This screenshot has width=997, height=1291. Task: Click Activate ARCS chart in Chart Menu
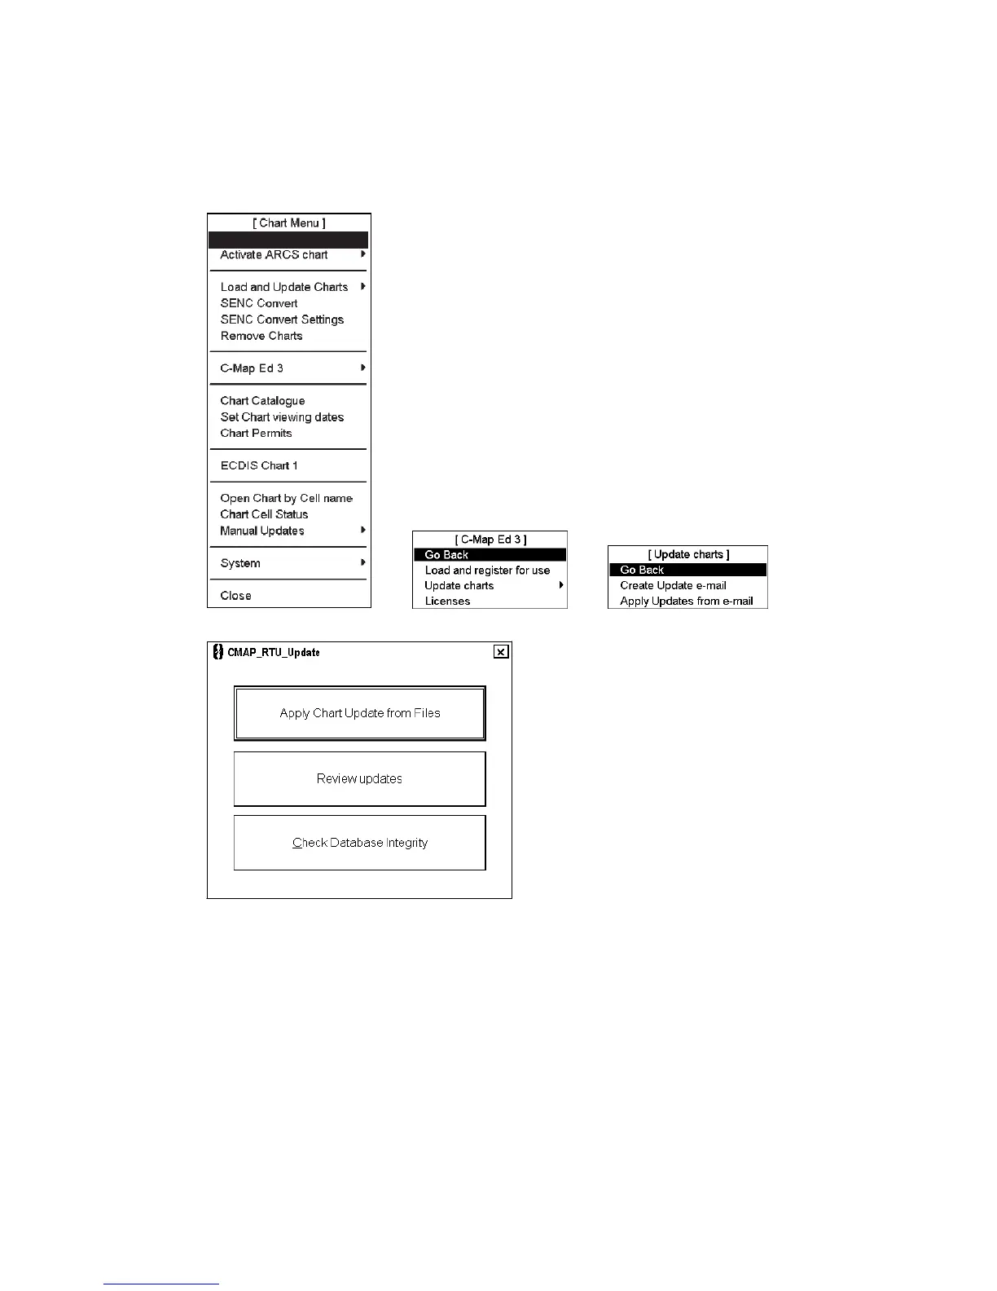274,255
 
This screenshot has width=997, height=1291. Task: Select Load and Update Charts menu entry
283,287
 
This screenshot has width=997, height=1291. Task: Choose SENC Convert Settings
282,319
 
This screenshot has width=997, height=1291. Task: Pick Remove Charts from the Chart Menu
261,336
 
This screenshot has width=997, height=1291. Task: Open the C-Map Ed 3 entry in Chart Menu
252,368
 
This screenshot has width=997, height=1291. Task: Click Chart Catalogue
262,401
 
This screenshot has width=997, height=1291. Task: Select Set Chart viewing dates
282,417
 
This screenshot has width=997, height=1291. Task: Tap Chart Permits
256,434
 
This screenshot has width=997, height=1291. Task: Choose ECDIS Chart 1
259,466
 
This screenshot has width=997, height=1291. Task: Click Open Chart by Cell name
286,498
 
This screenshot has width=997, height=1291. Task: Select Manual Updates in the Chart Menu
262,531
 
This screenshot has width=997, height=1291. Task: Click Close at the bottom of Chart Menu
235,596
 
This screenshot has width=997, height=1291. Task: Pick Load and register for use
487,571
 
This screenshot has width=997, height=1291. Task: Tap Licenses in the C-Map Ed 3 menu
447,601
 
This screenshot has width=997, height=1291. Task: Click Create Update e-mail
673,585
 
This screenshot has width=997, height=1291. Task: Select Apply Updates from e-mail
686,601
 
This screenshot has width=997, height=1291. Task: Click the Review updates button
359,779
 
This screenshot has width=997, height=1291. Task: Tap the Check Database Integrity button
359,843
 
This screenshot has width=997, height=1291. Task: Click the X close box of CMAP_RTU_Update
501,652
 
